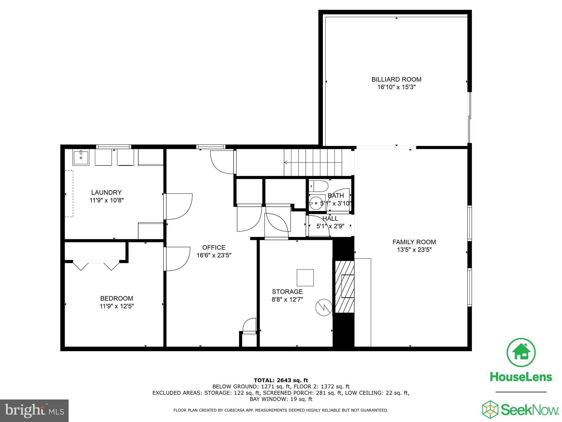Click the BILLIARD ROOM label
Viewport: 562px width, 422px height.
pos(396,79)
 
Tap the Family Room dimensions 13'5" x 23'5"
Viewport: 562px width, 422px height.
pos(414,250)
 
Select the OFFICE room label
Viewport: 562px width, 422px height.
pos(214,247)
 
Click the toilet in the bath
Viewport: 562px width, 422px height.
pos(318,186)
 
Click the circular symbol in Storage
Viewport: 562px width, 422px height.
pos(324,307)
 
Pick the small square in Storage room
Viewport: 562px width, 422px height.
pos(305,277)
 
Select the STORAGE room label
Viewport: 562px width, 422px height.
pos(287,291)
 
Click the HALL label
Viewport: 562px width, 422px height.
pos(330,218)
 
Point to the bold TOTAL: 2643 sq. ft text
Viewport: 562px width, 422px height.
pos(281,380)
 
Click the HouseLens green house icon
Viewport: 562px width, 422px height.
pos(521,352)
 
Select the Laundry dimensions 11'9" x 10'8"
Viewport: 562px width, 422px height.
pos(106,200)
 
